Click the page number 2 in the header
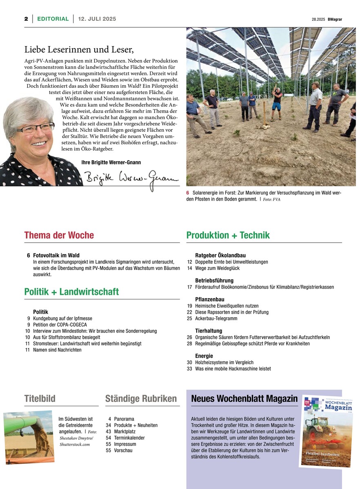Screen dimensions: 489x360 [x=26, y=19]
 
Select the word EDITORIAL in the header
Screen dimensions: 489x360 [x=53, y=19]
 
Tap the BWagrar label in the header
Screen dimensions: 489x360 [x=335, y=19]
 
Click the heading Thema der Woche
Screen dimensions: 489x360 [x=59, y=235]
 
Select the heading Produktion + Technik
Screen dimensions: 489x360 [x=228, y=235]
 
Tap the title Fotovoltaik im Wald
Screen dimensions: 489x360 [x=56, y=255]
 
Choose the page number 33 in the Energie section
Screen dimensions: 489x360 [x=189, y=369]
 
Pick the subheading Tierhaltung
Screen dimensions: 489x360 [x=209, y=331]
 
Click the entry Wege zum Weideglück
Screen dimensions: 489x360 [x=217, y=268]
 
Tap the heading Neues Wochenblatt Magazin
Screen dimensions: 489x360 [x=244, y=399]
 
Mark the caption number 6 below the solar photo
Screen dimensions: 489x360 [x=188, y=193]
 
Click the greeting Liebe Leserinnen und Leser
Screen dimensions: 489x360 [x=79, y=50]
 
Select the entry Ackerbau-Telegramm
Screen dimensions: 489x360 [x=215, y=319]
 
